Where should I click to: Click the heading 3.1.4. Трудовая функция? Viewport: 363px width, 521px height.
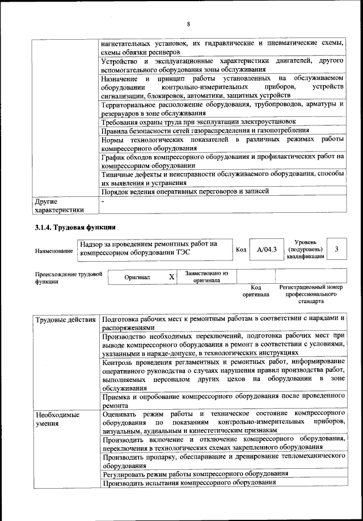point(72,228)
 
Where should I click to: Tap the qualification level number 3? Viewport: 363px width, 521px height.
point(337,249)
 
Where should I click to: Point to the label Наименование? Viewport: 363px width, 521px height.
point(54,250)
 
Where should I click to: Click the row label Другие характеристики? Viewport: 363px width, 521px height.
point(59,205)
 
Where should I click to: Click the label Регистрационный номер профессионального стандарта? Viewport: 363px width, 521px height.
point(311,294)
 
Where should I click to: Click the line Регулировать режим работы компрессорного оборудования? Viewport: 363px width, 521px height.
point(195,473)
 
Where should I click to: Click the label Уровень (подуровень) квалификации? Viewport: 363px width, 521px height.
point(306,249)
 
